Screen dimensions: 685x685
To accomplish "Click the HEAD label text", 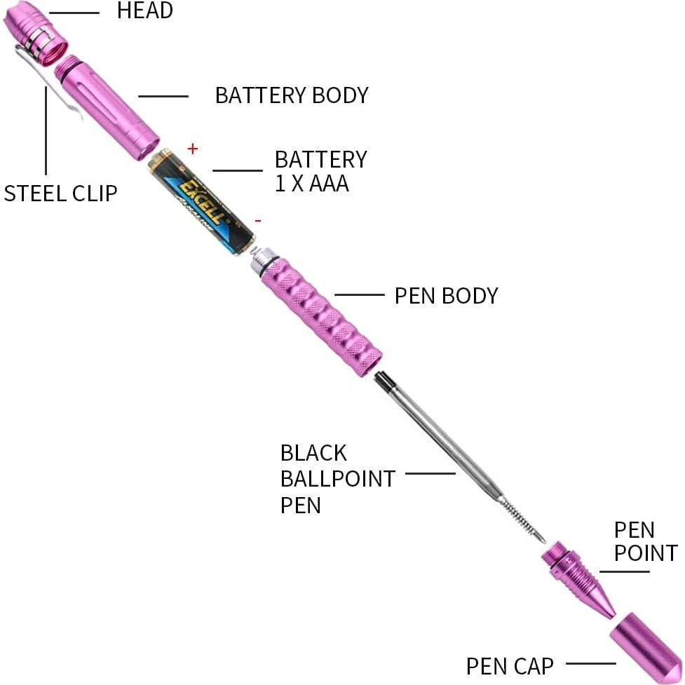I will pos(144,11).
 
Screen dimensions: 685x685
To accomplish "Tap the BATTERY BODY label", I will pos(291,95).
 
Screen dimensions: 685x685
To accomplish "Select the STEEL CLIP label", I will pos(60,194).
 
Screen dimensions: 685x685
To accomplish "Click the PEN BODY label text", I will pos(446,296).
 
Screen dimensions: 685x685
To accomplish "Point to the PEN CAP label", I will pos(510,665).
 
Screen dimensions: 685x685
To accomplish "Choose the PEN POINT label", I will pos(646,541).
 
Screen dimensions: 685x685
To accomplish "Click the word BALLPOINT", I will pos(337,480).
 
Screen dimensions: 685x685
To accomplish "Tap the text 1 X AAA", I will pos(311,184).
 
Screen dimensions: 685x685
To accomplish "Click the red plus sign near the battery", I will pos(194,149).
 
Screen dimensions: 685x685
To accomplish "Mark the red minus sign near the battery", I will pos(258,221).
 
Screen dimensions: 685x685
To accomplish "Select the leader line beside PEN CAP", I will pos(590,663).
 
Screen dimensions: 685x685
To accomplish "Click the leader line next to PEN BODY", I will pos(360,295).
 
